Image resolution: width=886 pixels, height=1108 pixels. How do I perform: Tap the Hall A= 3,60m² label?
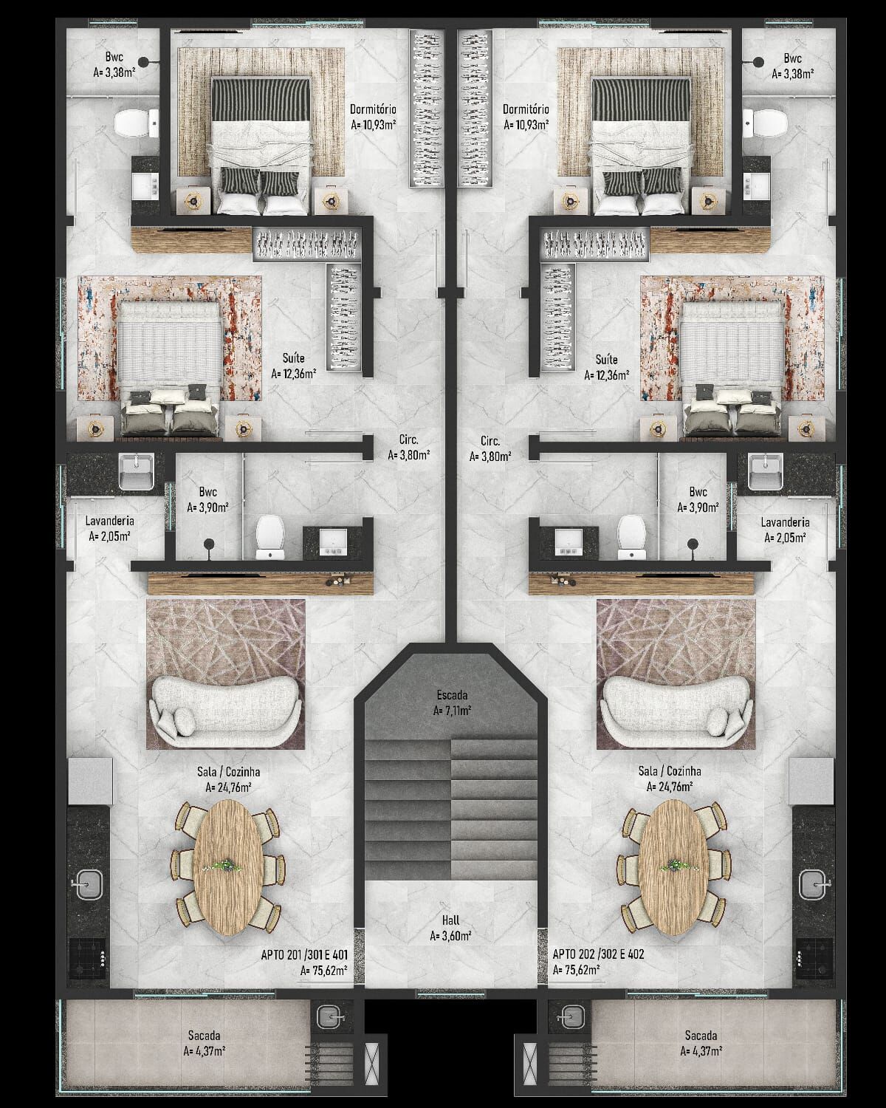pos(450,927)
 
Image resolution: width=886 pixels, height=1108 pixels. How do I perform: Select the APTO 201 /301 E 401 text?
pos(304,954)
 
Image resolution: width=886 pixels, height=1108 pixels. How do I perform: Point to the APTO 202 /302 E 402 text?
pos(598,954)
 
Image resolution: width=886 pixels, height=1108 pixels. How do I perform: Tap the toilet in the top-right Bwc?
pos(765,122)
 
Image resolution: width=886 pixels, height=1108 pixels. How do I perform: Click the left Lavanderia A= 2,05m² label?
pos(109,529)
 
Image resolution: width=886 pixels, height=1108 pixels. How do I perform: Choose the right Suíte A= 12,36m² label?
pos(606,367)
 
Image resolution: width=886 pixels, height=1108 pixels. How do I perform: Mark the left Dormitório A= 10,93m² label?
pos(374,117)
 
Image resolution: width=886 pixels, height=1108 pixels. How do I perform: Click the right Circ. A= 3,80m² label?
pos(490,448)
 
